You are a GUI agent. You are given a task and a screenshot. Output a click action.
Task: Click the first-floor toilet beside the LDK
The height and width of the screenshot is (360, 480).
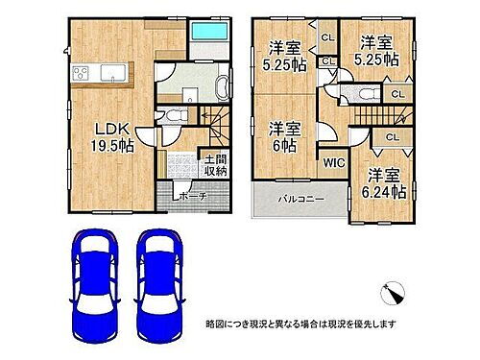(173, 115)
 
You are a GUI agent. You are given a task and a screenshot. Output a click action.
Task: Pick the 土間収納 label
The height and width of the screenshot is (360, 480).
(214, 165)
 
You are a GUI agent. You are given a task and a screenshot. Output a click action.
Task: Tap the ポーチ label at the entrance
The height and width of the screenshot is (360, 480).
(189, 196)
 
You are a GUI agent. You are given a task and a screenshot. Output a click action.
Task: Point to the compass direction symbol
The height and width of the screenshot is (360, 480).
(396, 288)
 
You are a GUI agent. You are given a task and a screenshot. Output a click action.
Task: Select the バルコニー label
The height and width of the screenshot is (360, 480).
(300, 200)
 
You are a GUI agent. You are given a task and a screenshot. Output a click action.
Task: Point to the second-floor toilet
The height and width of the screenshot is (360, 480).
(364, 93)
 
